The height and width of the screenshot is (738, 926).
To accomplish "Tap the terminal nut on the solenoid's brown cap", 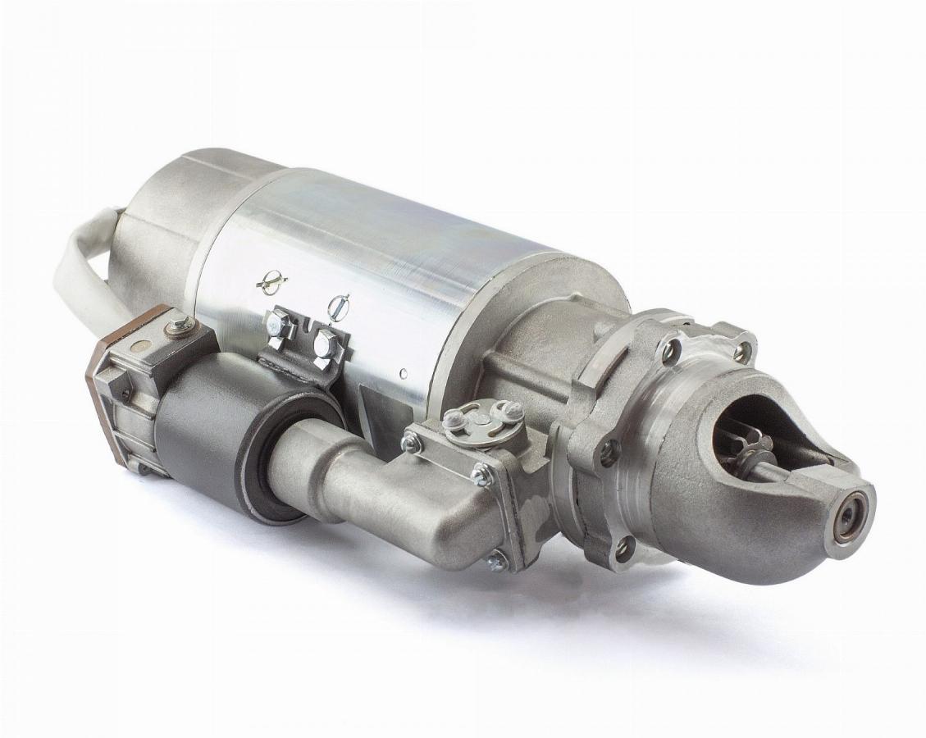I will [180, 327].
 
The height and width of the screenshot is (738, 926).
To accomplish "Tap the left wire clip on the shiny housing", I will [271, 282].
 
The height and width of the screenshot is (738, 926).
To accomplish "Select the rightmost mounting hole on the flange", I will [741, 352].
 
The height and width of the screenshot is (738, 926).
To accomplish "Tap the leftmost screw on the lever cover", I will [410, 443].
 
